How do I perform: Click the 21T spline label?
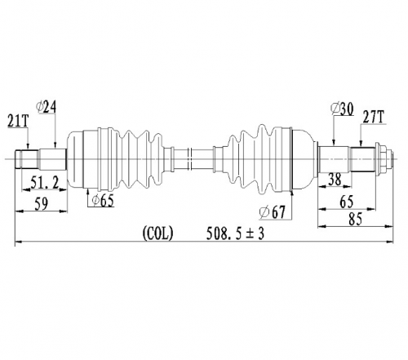click(x=18, y=121)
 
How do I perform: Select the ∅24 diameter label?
click(x=46, y=107)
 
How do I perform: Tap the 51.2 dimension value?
click(x=45, y=182)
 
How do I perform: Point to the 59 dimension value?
click(x=42, y=203)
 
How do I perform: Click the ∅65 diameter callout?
click(x=103, y=201)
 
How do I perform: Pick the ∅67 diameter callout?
click(x=273, y=212)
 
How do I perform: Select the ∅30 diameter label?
click(x=342, y=109)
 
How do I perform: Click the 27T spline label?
click(x=373, y=118)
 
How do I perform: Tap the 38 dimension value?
click(x=335, y=180)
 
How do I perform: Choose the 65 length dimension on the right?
click(x=347, y=202)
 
